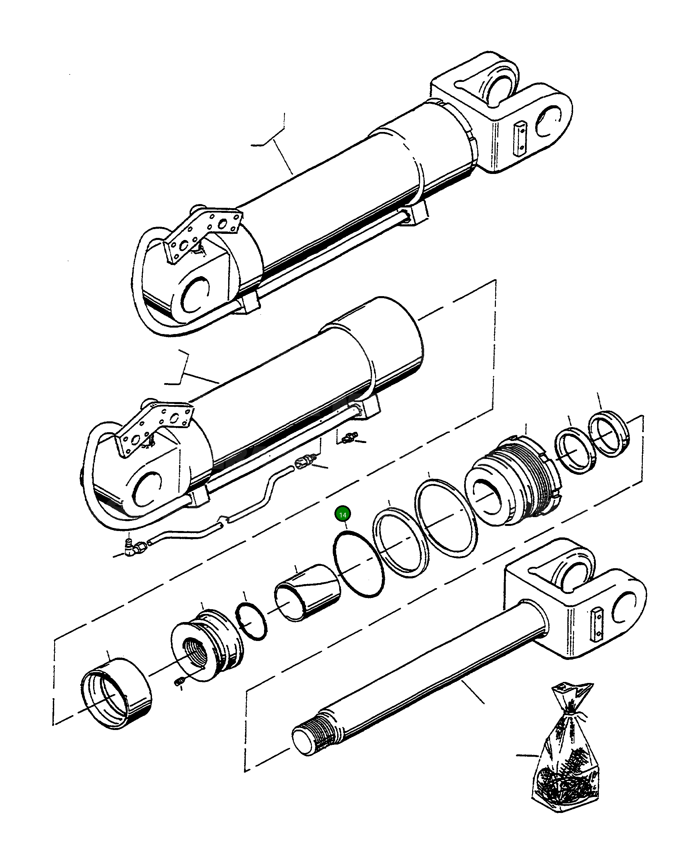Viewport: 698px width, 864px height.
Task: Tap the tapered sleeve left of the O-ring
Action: pyautogui.click(x=308, y=593)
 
